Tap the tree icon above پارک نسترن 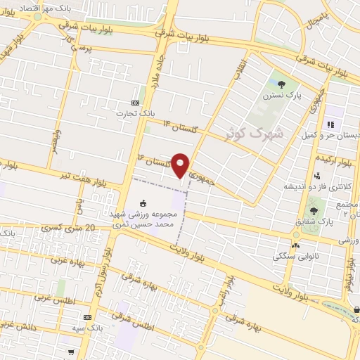click(x=281, y=84)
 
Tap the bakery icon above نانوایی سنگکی click(x=295, y=246)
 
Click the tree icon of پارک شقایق click(x=314, y=211)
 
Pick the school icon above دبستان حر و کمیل click(x=329, y=124)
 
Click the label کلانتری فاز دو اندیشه click(x=308, y=186)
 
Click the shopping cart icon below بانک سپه click(x=71, y=351)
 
